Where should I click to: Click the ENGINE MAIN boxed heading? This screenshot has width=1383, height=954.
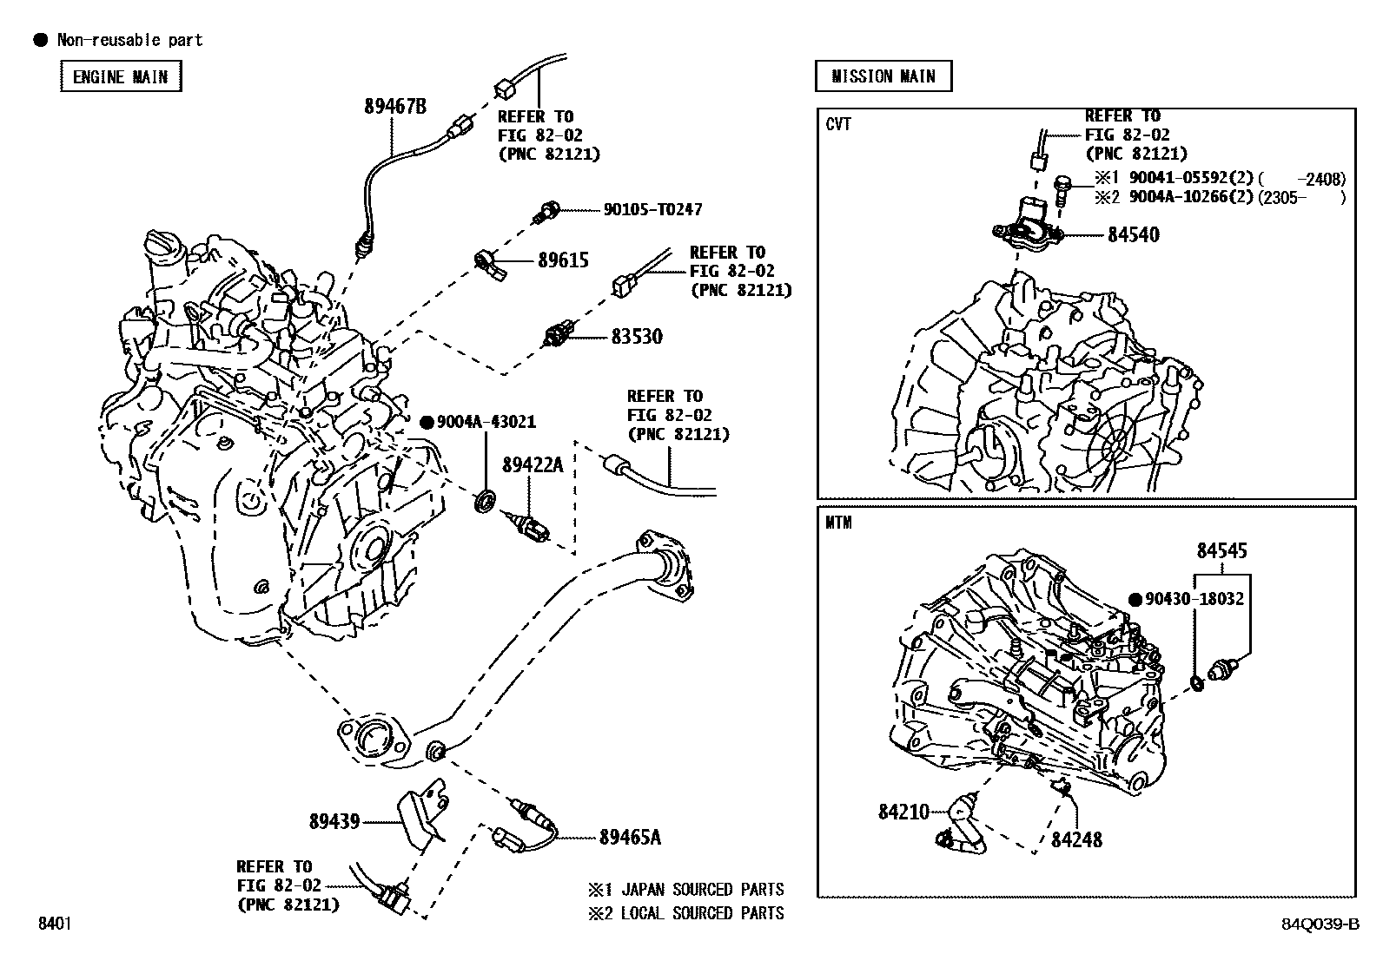[121, 76]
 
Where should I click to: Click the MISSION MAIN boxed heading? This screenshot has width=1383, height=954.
[883, 76]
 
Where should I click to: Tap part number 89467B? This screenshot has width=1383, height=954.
[395, 107]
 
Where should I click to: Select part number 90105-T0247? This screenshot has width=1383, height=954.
[652, 209]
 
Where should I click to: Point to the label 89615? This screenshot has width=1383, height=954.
[563, 260]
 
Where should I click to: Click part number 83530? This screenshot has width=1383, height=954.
[636, 337]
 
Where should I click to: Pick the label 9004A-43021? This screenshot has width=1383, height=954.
[486, 422]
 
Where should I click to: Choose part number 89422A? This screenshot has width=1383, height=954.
[532, 465]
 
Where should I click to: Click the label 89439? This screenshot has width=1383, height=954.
[334, 820]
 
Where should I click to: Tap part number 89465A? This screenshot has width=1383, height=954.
[630, 837]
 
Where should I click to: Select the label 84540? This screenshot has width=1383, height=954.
[1133, 234]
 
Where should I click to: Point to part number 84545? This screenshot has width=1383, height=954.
[1221, 550]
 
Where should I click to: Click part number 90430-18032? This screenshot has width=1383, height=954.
[1194, 599]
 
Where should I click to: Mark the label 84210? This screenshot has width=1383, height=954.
[903, 812]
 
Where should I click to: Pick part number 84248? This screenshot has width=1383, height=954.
[1076, 839]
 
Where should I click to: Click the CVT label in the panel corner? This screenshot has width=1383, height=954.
[838, 124]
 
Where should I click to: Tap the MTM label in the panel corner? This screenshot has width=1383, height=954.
[838, 523]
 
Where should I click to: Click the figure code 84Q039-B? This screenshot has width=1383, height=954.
[1319, 924]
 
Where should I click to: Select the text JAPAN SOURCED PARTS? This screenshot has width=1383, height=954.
[702, 890]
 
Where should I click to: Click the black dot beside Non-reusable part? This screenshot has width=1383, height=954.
[39, 40]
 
